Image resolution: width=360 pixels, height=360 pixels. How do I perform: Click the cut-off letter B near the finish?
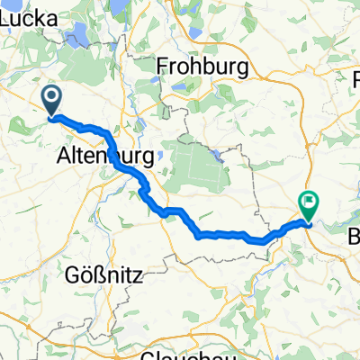pyautogui.click(x=354, y=237)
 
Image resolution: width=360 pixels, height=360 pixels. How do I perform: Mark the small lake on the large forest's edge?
pyautogui.click(x=219, y=154)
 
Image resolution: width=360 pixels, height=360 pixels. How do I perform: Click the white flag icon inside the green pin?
pyautogui.click(x=309, y=202)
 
